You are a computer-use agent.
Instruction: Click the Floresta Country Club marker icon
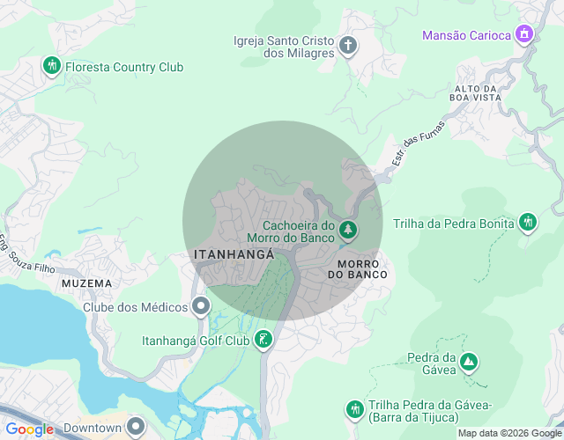point(52,65)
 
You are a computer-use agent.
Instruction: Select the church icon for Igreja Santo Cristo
point(348,45)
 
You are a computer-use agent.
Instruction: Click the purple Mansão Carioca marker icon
point(524,34)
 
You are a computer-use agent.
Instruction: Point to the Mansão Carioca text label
point(466,35)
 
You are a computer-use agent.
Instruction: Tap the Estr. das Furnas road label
point(419,143)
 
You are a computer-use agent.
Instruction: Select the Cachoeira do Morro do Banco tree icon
point(348,230)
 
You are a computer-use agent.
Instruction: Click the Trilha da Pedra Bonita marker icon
point(528,222)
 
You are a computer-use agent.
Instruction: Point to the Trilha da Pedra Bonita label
point(454,224)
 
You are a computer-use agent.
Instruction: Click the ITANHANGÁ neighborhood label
point(234,253)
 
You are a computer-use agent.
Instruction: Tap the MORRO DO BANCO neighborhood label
point(357,269)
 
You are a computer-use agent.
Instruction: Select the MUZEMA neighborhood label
point(87,283)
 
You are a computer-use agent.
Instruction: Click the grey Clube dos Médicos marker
point(201,306)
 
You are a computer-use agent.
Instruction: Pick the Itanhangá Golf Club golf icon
point(263,339)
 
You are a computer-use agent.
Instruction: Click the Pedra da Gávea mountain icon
point(469,361)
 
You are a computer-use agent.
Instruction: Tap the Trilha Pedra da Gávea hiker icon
point(354,408)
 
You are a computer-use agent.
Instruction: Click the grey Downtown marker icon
point(135,427)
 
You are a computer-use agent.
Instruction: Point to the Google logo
point(29,429)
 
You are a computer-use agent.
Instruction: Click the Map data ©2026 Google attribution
point(509,433)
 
